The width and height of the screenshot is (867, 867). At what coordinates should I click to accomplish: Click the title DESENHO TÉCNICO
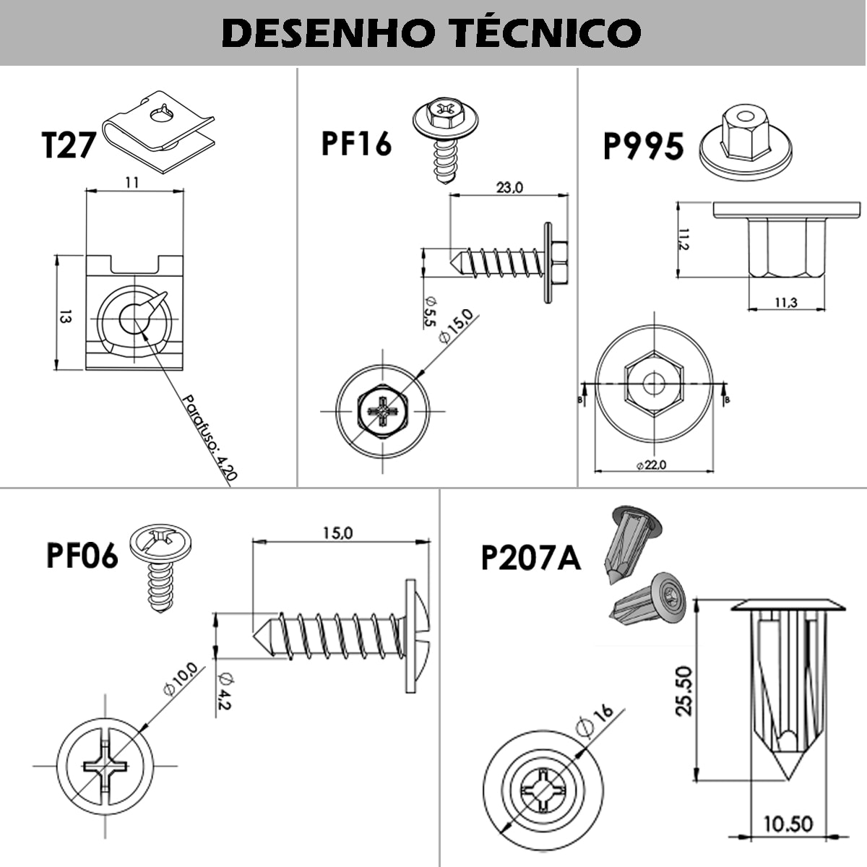(x=432, y=33)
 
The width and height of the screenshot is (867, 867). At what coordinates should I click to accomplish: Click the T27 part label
(x=69, y=144)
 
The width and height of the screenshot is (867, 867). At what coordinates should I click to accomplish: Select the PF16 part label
(x=356, y=143)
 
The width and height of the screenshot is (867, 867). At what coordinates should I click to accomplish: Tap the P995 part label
(x=643, y=147)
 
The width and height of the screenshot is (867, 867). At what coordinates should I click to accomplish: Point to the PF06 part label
(x=82, y=556)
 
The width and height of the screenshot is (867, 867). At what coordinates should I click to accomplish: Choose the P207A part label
(x=531, y=558)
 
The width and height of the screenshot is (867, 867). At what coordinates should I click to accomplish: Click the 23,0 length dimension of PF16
(x=509, y=188)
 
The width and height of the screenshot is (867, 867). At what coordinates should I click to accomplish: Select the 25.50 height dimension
(x=684, y=691)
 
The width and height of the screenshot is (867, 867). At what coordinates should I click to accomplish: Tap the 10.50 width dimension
(x=788, y=824)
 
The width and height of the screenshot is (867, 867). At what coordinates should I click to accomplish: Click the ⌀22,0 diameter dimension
(x=652, y=465)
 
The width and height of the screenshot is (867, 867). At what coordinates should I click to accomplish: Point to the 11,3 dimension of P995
(x=786, y=303)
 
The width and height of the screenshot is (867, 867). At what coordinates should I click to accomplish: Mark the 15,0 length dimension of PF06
(x=337, y=533)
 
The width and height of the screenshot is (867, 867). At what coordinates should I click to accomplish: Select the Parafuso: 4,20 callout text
(x=209, y=437)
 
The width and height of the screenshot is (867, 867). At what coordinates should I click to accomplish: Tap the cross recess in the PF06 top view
(x=105, y=767)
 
